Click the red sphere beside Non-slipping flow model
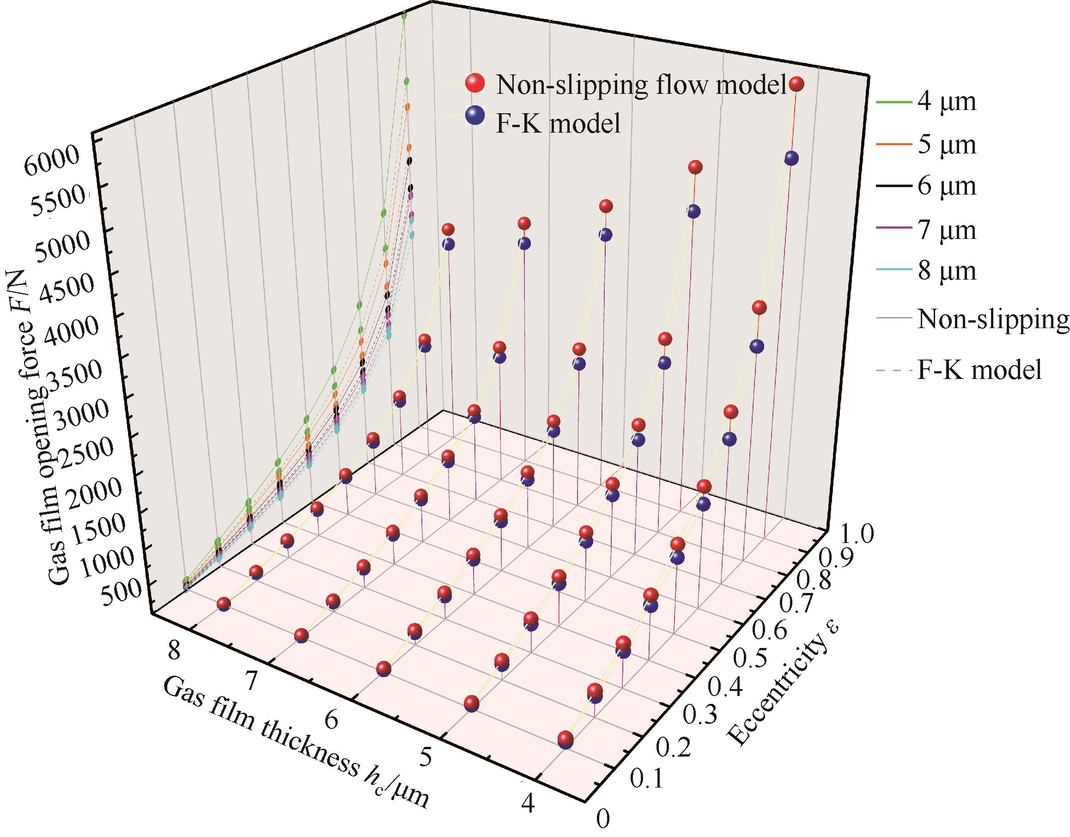click(474, 84)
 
